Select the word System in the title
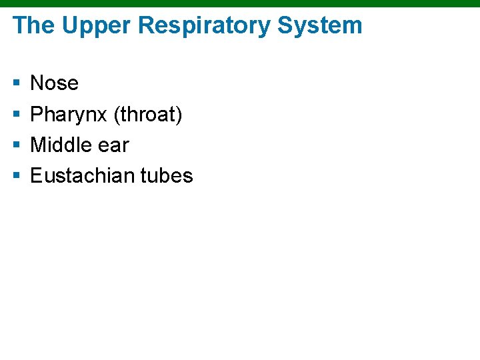tap(320, 26)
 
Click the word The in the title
tap(33, 26)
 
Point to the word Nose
tap(55, 83)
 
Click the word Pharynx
tap(69, 115)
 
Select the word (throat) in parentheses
tap(148, 115)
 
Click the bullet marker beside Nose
tap(16, 83)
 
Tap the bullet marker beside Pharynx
tap(16, 115)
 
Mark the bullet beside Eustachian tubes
tap(16, 176)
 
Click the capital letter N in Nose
tap(37, 83)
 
